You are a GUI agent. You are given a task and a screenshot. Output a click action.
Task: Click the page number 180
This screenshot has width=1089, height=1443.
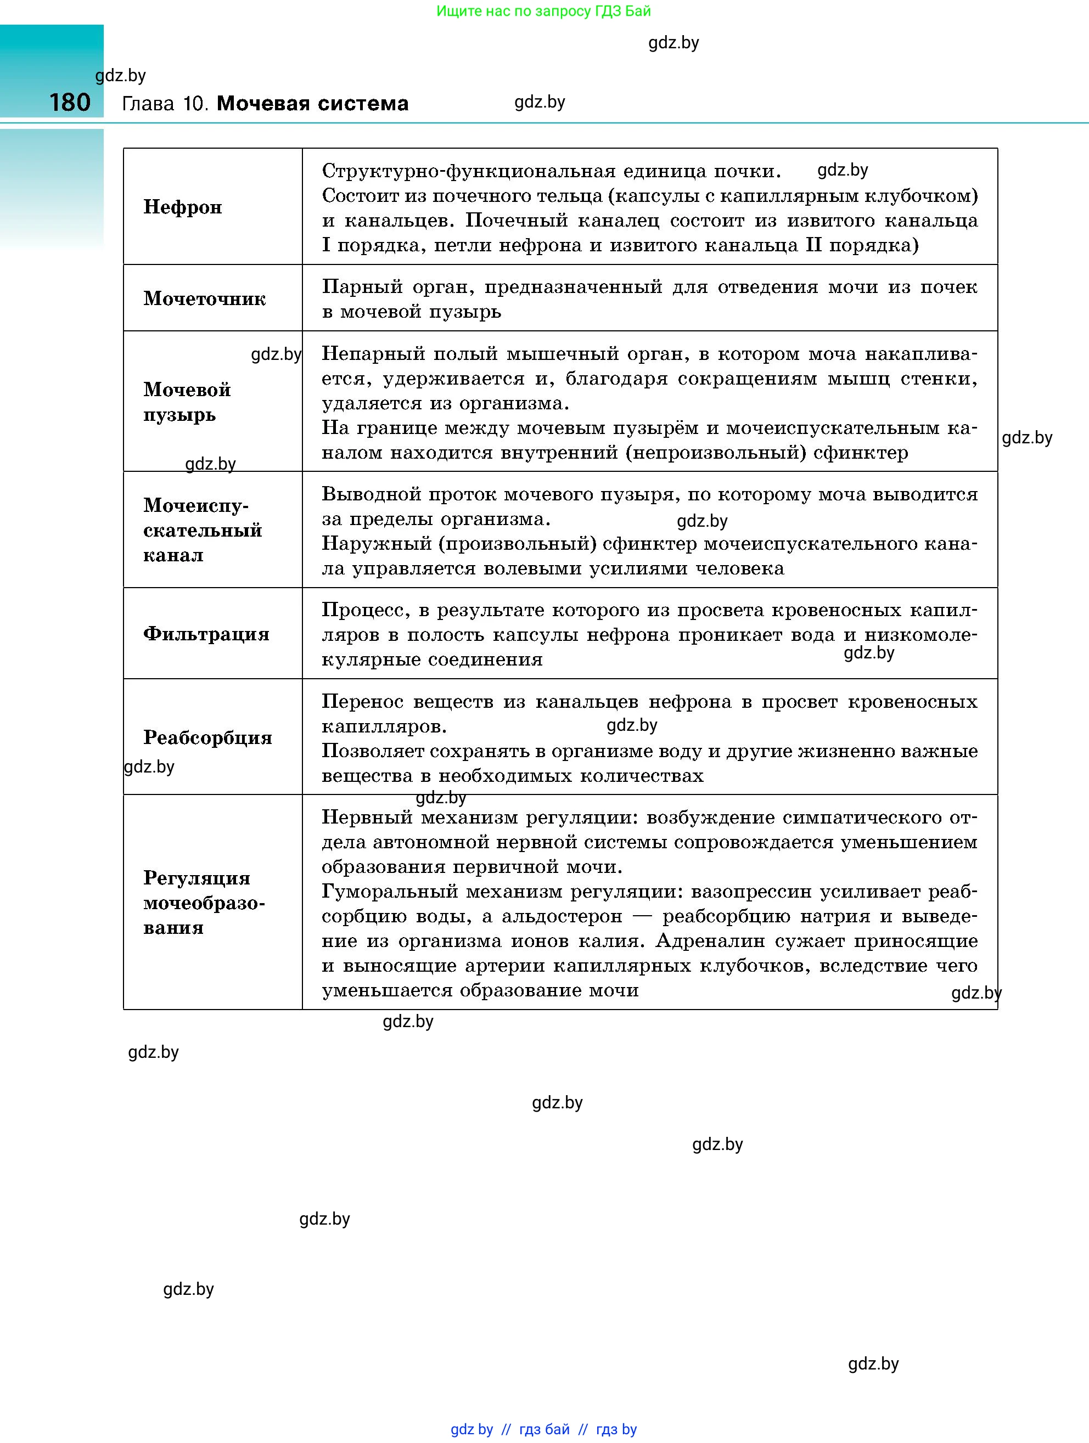click(70, 103)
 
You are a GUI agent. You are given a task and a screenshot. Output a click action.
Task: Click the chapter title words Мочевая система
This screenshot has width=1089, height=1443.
click(312, 103)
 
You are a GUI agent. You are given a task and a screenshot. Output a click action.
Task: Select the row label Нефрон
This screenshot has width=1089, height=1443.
click(183, 207)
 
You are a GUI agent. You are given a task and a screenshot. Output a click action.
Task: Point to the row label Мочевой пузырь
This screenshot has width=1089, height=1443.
click(187, 401)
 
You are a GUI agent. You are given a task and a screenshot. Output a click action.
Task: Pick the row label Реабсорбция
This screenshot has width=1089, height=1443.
click(207, 737)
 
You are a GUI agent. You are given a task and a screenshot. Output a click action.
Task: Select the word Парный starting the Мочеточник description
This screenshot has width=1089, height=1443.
click(362, 287)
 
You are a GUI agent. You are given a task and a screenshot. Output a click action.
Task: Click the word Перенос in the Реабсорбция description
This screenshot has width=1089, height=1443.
click(362, 701)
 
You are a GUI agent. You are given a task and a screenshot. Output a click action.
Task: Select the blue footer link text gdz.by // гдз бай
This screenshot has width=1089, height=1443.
click(509, 1429)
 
